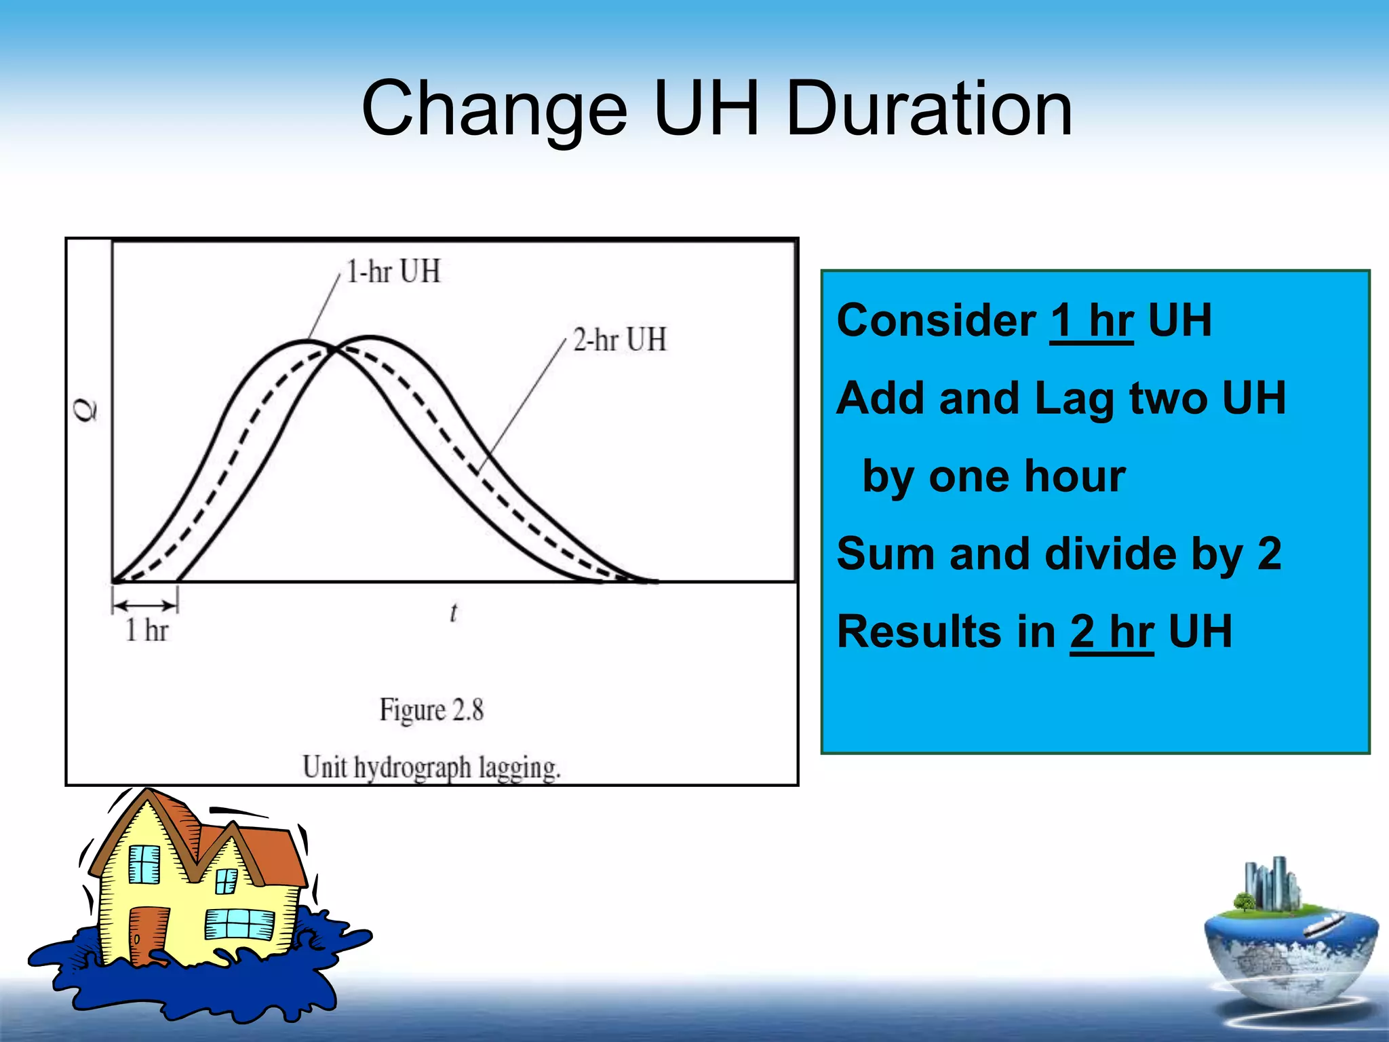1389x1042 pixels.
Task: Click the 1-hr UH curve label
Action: tap(393, 271)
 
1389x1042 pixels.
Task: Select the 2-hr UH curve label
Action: tap(619, 339)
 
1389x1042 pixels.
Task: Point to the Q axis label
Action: tap(86, 410)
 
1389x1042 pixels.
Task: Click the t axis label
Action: tap(453, 613)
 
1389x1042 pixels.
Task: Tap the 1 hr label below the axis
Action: tap(146, 630)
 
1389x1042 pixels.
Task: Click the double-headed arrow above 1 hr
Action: tap(144, 604)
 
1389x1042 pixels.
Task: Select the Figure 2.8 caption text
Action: tap(431, 710)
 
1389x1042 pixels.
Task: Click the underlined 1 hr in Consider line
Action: tap(1091, 320)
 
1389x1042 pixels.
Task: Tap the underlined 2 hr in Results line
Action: tap(1112, 632)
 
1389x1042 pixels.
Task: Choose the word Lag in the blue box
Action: tap(1074, 398)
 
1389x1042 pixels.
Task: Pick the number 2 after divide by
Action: tap(1269, 554)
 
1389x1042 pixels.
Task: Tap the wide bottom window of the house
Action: tap(239, 925)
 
